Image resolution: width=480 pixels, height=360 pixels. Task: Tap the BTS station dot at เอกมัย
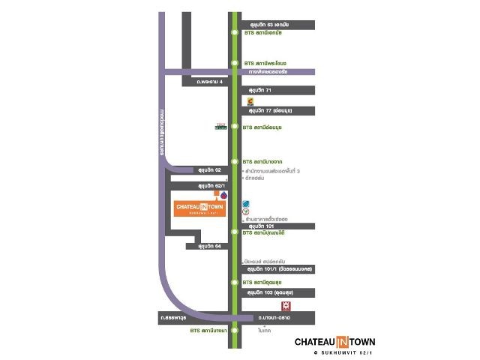(x=235, y=33)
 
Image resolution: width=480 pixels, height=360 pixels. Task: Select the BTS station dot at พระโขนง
(x=235, y=63)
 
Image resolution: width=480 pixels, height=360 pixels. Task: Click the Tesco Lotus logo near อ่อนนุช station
(x=220, y=127)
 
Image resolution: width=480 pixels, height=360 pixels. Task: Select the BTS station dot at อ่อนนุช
(x=235, y=127)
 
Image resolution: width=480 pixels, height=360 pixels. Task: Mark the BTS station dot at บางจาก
(x=235, y=161)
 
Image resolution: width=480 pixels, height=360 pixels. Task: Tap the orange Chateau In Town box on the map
(x=199, y=208)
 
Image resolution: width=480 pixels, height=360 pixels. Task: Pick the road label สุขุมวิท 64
(x=208, y=246)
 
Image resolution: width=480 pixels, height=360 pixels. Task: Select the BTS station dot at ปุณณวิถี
(x=235, y=232)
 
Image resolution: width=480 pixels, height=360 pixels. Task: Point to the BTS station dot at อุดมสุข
(x=235, y=282)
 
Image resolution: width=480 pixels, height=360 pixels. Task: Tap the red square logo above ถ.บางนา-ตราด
(x=285, y=306)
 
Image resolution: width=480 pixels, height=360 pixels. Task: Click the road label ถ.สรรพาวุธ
(x=173, y=318)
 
